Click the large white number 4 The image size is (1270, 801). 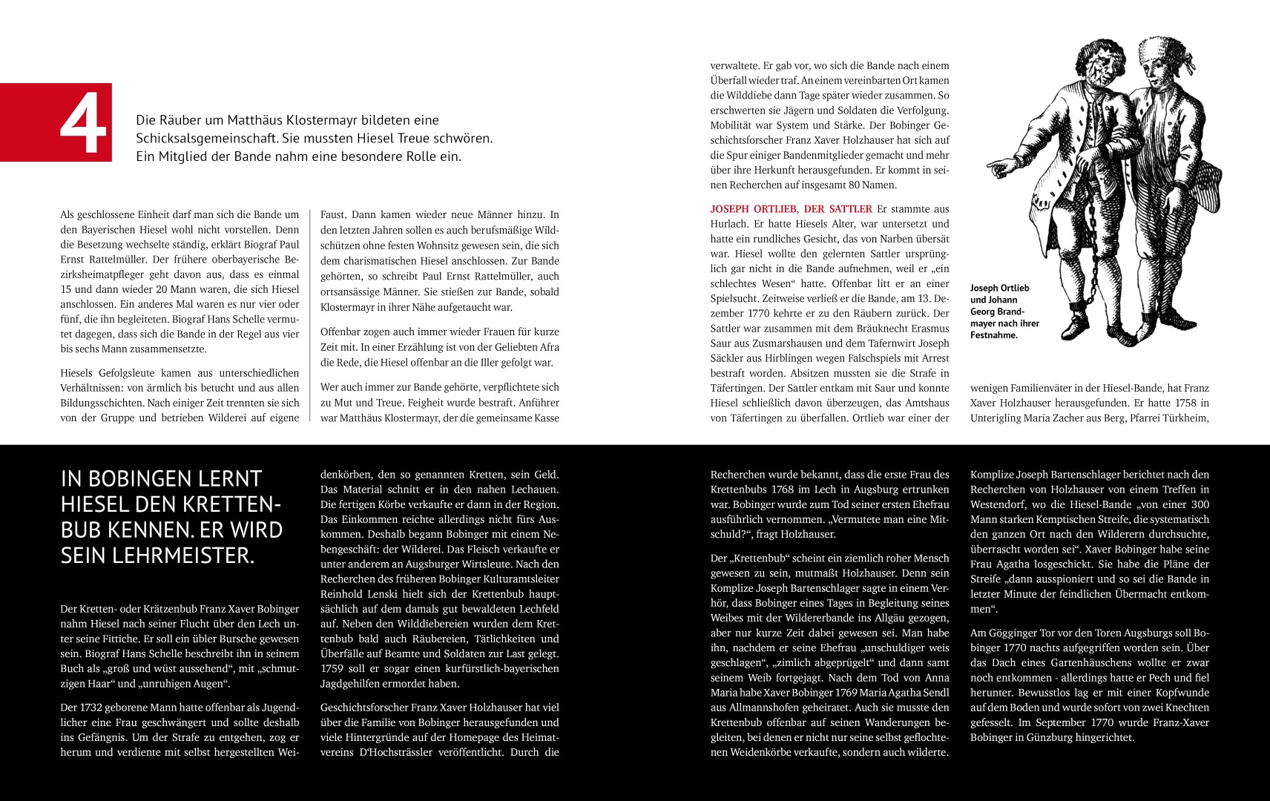(x=84, y=124)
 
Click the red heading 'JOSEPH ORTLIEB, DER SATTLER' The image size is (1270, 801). (x=791, y=209)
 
